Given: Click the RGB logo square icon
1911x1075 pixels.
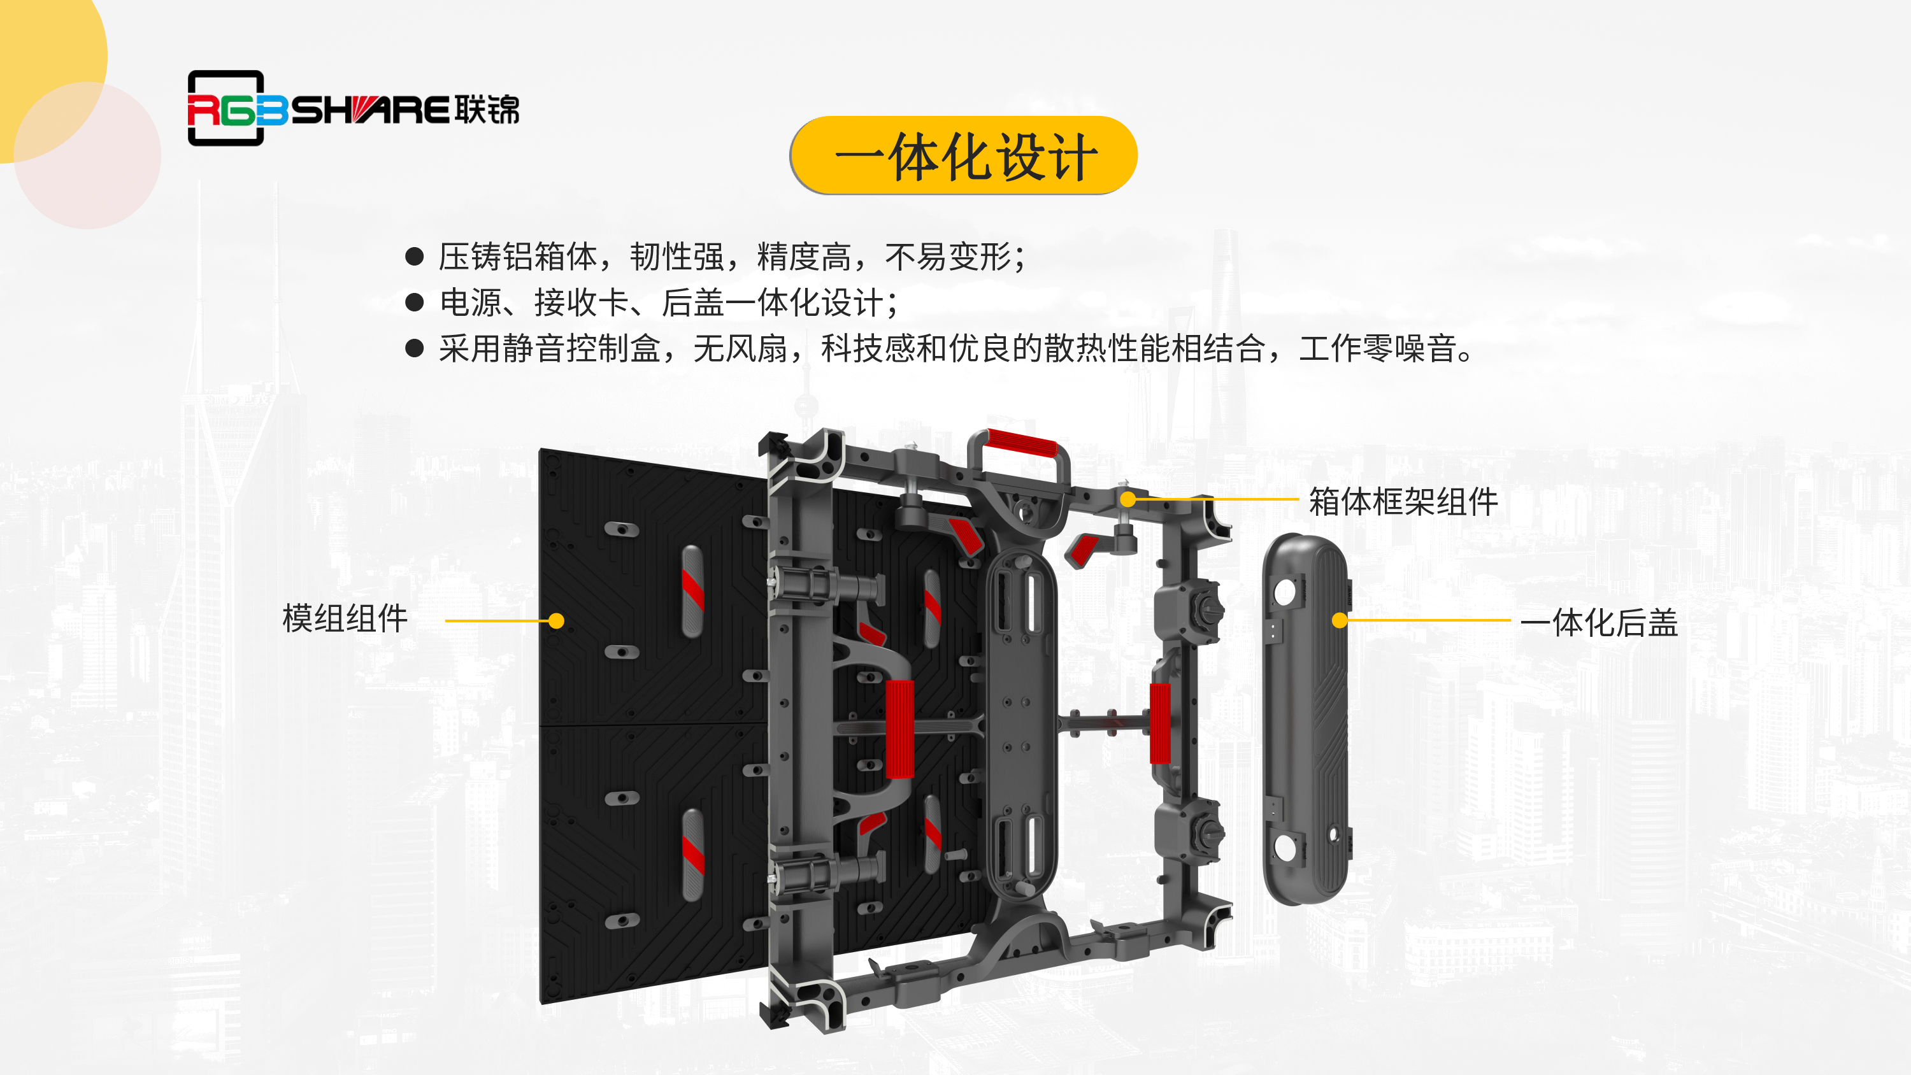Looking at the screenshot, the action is (x=226, y=108).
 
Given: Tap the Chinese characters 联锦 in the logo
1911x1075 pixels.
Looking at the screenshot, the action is (x=487, y=110).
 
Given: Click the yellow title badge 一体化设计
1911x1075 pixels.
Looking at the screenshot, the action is (x=964, y=156).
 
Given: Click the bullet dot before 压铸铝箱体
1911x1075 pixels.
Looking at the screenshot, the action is (x=415, y=257).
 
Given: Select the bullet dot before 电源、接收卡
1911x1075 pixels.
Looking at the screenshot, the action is (x=415, y=303).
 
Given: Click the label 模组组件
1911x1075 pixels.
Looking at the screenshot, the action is (x=345, y=619).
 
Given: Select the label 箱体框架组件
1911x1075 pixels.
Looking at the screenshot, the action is (x=1403, y=502).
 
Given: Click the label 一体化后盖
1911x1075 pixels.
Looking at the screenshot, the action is (x=1600, y=622).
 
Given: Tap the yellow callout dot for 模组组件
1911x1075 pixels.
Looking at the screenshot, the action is (x=556, y=621).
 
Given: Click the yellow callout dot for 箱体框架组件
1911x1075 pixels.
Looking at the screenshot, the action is (x=1127, y=499).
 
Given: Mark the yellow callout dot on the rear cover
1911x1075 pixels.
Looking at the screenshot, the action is (x=1340, y=620).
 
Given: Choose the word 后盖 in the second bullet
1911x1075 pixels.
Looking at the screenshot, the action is (x=693, y=303).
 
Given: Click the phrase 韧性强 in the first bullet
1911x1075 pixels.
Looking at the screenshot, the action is (x=677, y=257).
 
